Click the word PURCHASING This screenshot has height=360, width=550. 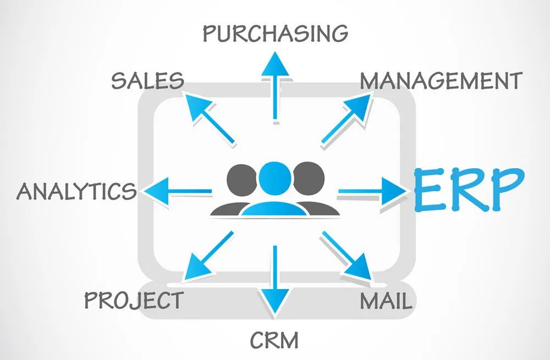tap(276, 34)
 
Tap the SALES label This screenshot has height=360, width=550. tap(147, 80)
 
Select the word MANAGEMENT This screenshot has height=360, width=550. tap(441, 81)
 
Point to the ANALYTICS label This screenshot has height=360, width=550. tap(76, 191)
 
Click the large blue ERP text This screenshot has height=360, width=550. tap(469, 190)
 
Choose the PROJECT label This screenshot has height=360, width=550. tap(134, 300)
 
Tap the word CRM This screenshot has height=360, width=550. tap(274, 340)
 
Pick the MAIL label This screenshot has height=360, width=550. tap(386, 301)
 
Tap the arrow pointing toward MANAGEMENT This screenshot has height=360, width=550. tap(346, 119)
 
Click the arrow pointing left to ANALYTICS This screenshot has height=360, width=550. tap(178, 191)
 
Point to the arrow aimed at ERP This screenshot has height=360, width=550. tap(372, 191)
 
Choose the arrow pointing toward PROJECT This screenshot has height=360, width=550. tap(208, 256)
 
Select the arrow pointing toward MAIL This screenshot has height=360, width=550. tap(346, 256)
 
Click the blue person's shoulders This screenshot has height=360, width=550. tap(275, 208)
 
